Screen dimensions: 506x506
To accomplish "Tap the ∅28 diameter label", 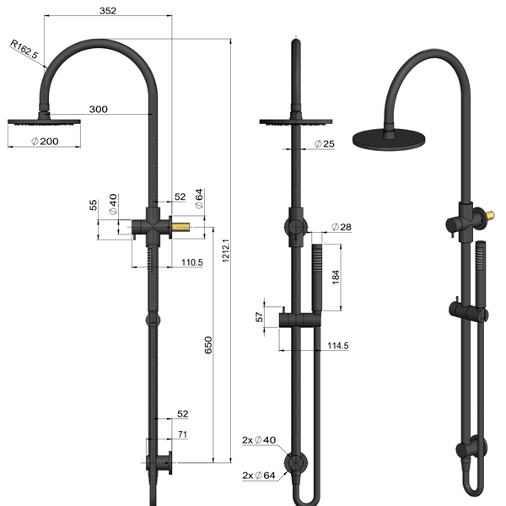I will [341, 228].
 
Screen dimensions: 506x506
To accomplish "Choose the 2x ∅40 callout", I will [257, 440].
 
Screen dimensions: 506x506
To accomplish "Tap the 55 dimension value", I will [94, 205].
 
